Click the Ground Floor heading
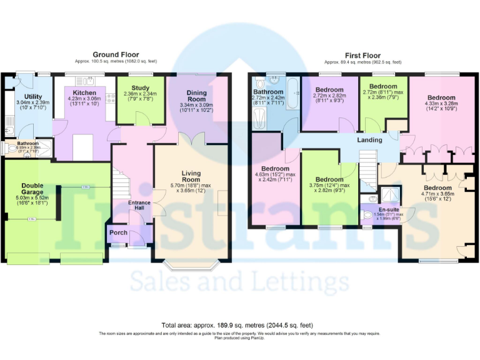pos(116,55)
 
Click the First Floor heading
pos(362,55)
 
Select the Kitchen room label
pos(84,93)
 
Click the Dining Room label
pos(196,96)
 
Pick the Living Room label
pos(191,176)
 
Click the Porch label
pos(118,233)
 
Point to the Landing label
pos(369,140)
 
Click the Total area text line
pos(237,326)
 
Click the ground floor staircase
pos(122,182)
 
